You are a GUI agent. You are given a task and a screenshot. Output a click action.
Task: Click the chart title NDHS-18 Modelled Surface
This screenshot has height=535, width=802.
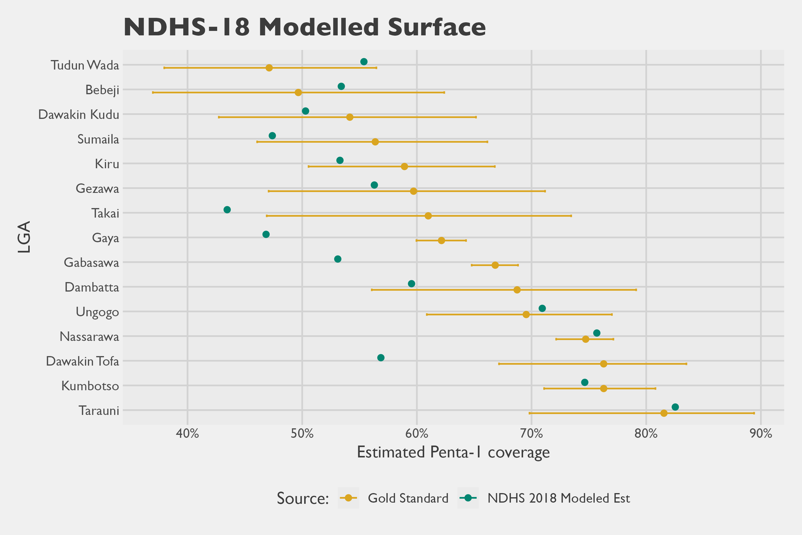point(304,27)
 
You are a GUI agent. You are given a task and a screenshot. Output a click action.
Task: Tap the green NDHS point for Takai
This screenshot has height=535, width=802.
point(227,210)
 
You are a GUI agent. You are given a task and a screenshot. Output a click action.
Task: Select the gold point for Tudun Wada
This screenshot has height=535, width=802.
point(269,68)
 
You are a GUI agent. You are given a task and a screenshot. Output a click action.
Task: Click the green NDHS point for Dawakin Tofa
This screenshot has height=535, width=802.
point(381,358)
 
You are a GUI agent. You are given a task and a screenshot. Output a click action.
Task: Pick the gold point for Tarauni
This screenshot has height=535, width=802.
point(664,413)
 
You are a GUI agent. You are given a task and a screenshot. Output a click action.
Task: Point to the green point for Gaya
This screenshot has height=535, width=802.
point(266,235)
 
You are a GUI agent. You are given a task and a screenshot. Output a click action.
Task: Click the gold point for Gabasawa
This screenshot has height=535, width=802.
point(495,265)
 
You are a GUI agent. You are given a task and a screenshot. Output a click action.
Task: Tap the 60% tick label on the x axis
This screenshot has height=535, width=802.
point(417,434)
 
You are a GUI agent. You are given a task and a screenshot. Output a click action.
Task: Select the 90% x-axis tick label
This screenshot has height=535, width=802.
point(761,434)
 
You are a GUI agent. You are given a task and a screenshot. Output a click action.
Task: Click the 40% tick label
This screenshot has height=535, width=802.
point(187,434)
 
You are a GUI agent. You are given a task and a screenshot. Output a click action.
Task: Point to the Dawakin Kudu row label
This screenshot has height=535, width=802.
point(79,114)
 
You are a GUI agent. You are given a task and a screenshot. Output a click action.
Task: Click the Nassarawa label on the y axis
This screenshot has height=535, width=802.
point(89,336)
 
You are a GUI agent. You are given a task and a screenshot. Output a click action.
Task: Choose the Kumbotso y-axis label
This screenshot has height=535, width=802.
point(90,385)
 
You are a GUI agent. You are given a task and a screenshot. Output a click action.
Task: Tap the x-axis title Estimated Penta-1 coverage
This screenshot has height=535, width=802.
point(453,452)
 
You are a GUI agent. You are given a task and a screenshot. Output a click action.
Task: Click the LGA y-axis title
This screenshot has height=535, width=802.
point(25,237)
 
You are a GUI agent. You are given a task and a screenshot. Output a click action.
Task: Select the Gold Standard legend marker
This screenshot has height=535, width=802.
point(348,498)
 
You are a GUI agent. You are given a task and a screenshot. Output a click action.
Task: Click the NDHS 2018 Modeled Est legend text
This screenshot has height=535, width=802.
point(558,498)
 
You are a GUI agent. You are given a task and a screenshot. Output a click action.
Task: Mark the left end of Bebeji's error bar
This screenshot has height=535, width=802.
point(153,92)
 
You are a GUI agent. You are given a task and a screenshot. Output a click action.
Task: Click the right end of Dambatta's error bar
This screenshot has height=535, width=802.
point(636,290)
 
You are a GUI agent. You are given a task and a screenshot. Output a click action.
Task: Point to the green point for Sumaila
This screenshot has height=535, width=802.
point(272,136)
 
